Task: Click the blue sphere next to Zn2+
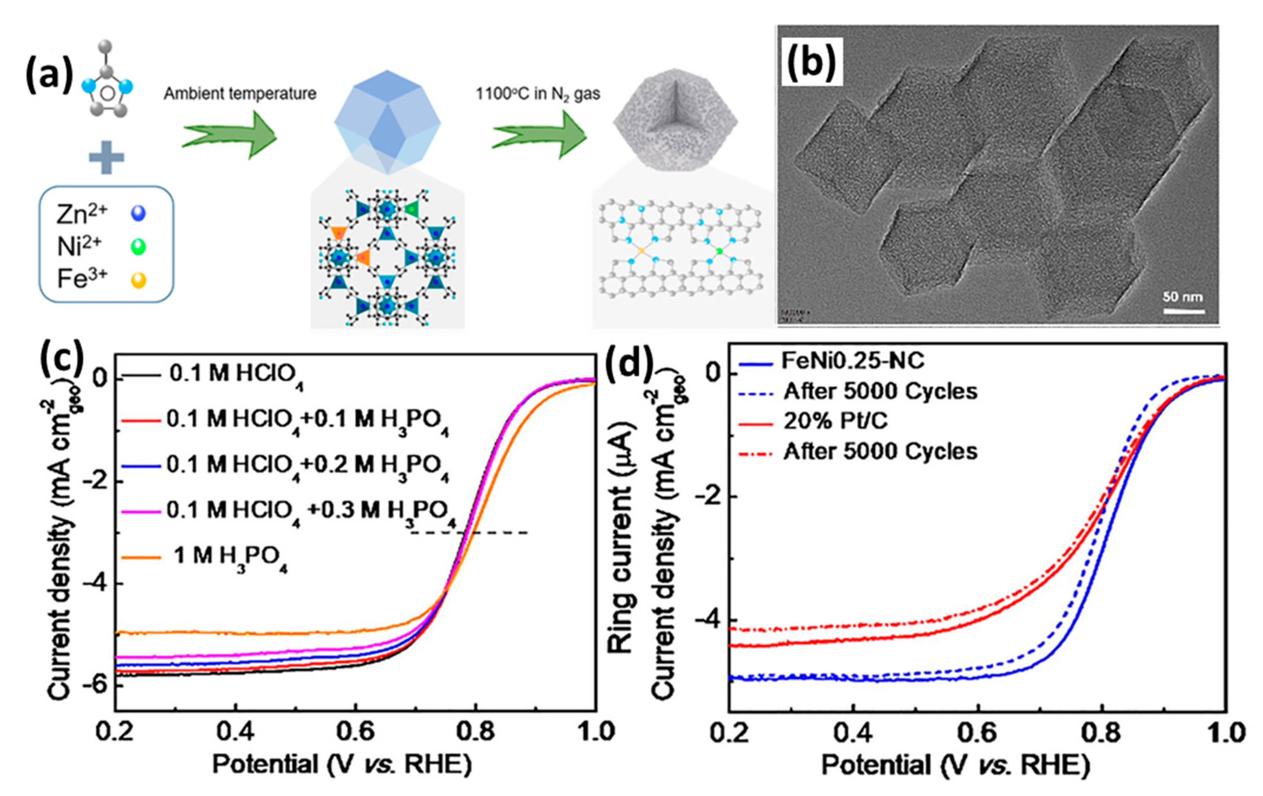[138, 213]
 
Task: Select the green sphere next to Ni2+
[138, 246]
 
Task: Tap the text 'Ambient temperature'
[240, 94]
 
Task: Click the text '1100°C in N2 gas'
[538, 94]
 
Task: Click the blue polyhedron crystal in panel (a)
[388, 122]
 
